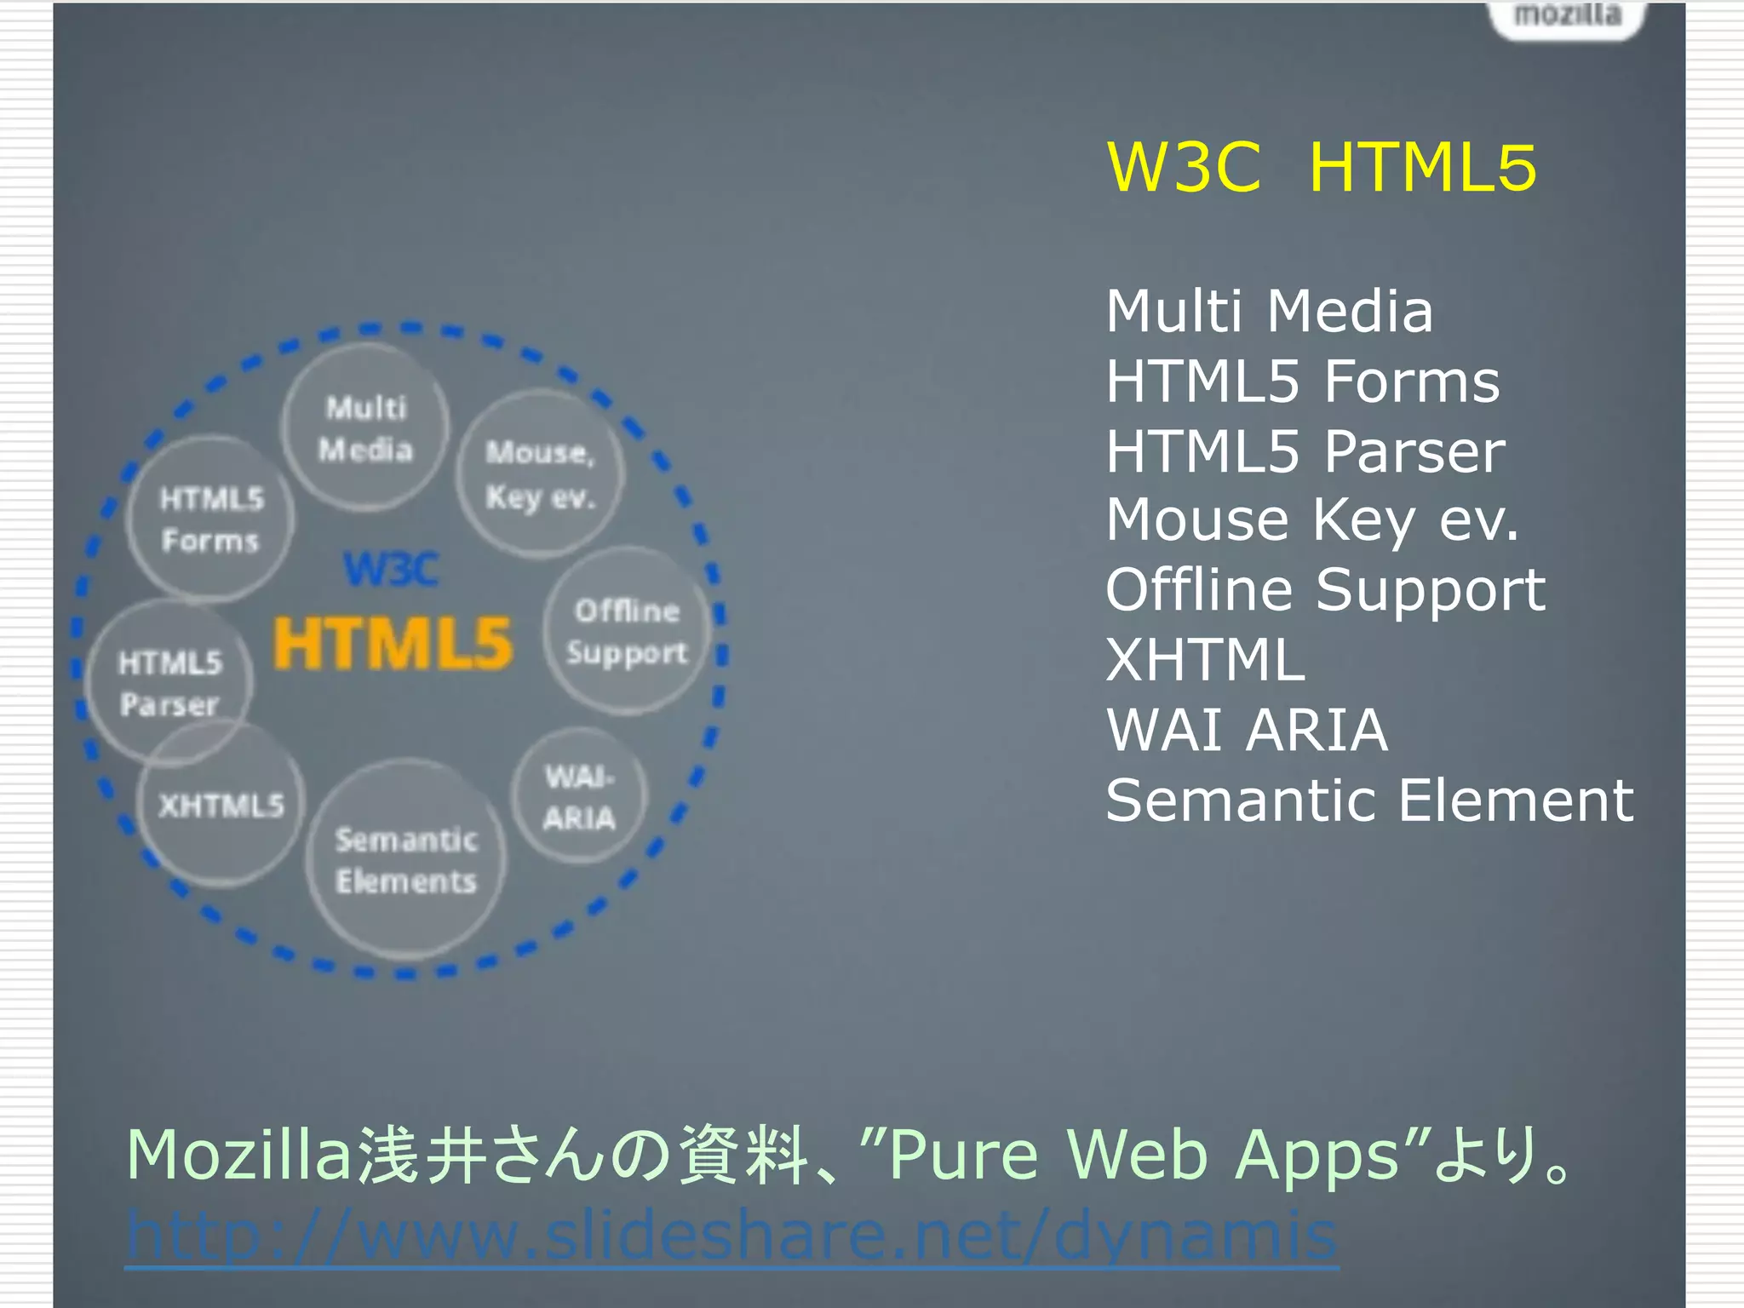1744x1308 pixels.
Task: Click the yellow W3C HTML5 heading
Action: click(1321, 167)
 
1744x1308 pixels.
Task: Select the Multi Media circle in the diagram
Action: click(365, 427)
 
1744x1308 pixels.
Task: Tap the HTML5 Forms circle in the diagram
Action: click(211, 519)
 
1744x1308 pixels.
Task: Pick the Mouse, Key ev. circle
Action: click(540, 474)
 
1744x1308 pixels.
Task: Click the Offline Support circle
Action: click(627, 631)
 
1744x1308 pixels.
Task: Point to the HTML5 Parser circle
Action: click(169, 682)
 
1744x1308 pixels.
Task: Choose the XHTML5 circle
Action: click(221, 805)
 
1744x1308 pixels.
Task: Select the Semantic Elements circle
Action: click(406, 860)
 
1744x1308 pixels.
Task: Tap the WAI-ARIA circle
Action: click(579, 797)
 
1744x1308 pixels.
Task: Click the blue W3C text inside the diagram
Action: click(391, 569)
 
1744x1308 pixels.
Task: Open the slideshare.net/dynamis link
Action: click(731, 1235)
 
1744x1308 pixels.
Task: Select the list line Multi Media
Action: click(1269, 311)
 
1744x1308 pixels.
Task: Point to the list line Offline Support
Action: click(1325, 590)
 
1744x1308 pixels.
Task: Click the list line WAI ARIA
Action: click(1247, 730)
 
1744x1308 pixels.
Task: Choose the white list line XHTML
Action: click(1205, 660)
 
